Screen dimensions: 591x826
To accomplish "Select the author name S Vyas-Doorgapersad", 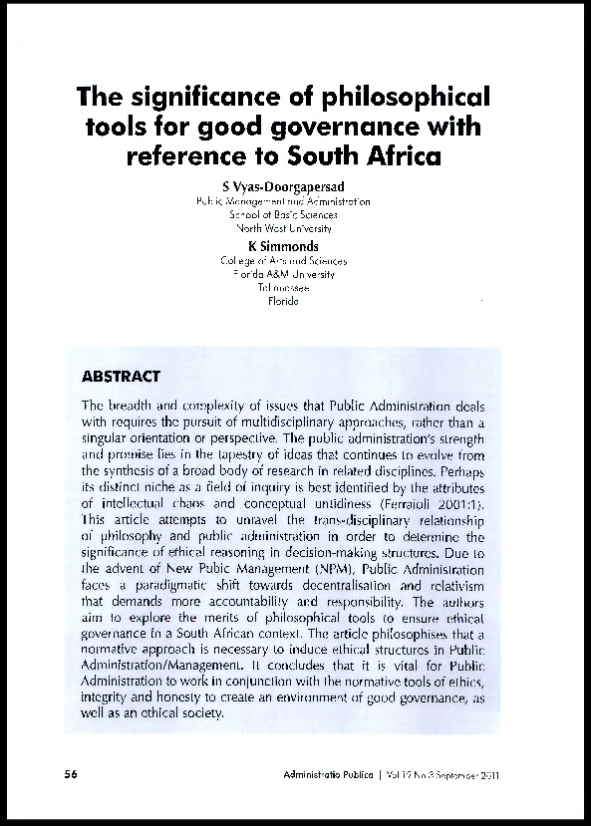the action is click(283, 185).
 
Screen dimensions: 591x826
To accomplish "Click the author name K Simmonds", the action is click(283, 246).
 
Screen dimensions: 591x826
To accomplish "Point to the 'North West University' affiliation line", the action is click(283, 227).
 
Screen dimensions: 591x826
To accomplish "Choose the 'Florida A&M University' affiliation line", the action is click(283, 274).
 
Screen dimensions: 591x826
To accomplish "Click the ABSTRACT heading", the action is click(121, 377).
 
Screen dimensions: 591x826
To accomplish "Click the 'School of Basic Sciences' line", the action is click(283, 213).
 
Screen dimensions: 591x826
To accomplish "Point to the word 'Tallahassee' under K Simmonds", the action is click(283, 287).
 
